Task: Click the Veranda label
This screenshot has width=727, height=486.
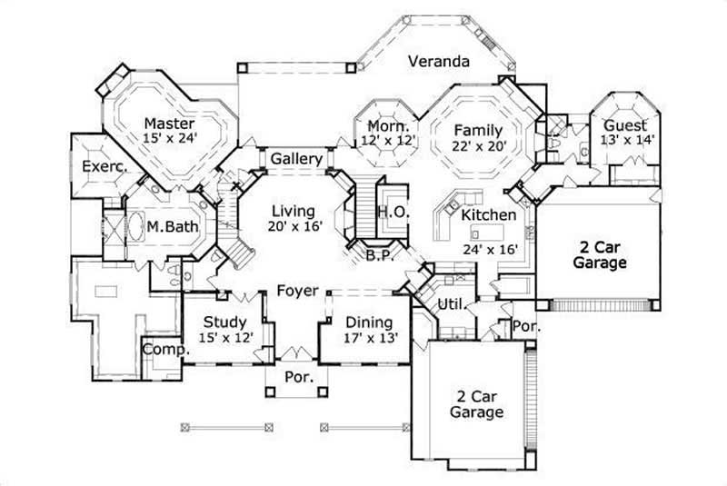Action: (438, 62)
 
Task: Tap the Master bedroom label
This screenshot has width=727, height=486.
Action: (170, 123)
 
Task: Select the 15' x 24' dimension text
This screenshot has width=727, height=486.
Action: (170, 138)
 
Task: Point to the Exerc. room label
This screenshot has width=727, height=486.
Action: (103, 166)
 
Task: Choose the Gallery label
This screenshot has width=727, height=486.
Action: (296, 159)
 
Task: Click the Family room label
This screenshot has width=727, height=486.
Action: (478, 129)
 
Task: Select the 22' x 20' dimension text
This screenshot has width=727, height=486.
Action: (478, 144)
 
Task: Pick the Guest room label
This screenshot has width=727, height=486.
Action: (625, 125)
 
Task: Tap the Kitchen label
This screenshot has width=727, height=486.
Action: (489, 215)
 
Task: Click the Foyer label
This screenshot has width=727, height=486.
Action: (298, 291)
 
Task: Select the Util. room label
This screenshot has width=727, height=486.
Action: (452, 303)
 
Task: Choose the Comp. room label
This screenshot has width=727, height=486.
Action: (164, 349)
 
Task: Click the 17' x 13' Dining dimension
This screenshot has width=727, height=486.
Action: (369, 338)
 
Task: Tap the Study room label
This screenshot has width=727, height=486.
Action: (224, 322)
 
